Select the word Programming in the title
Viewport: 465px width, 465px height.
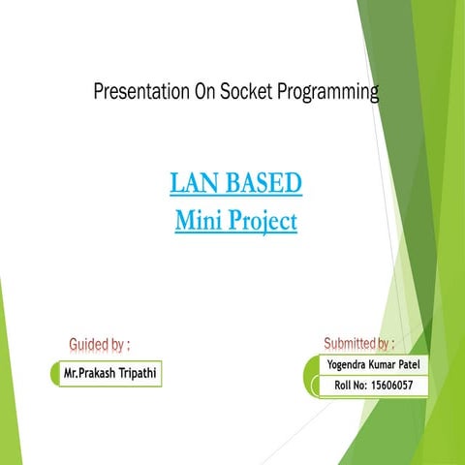325,94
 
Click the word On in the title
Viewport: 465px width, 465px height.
201,93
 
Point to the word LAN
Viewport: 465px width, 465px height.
195,182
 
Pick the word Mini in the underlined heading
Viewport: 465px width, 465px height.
197,222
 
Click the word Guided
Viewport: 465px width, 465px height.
88,344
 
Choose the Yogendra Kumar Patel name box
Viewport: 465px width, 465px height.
366,364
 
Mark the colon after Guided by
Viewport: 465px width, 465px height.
129,345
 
